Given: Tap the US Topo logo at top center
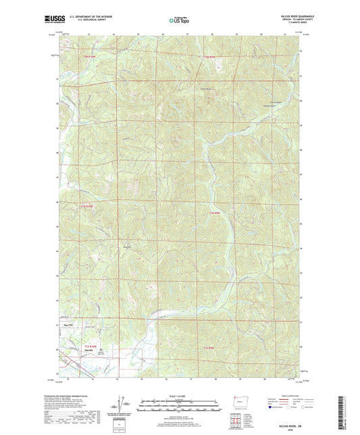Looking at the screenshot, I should click(x=178, y=21).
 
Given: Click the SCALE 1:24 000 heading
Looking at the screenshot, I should click(x=179, y=394).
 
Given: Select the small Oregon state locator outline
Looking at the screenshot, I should click(x=235, y=405).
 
